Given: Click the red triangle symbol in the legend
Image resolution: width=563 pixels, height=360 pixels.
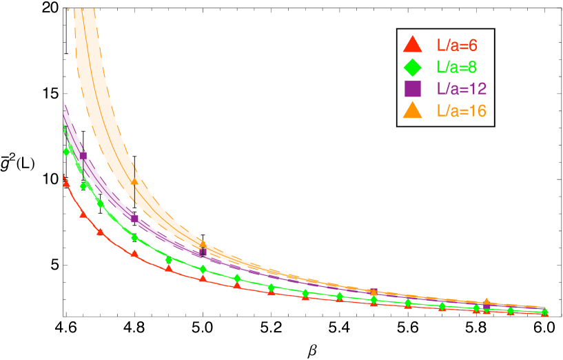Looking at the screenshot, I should tap(412, 45).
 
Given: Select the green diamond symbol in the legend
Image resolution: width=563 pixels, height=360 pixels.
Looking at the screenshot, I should tap(412, 67).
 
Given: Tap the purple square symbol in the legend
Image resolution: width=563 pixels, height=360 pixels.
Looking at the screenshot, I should tap(412, 89).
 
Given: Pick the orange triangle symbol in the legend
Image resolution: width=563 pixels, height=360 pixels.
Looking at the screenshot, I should tap(412, 110).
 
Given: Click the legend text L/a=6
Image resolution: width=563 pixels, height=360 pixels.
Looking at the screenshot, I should tap(458, 46).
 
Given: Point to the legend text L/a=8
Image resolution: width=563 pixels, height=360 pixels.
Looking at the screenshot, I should tap(458, 67).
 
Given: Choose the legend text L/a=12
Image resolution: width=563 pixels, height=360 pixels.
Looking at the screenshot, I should tap(462, 89).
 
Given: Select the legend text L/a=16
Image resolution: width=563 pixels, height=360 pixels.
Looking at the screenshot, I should tap(462, 111).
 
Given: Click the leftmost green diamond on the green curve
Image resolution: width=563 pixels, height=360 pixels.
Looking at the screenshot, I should tap(67, 152).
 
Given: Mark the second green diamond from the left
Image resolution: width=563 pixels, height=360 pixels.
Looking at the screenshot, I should tap(83, 186).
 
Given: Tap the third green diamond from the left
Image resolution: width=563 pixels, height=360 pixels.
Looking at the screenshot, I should tap(101, 204).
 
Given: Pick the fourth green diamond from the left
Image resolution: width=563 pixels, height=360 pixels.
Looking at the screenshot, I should tap(134, 238).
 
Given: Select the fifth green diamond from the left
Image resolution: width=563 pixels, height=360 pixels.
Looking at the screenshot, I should tap(169, 260).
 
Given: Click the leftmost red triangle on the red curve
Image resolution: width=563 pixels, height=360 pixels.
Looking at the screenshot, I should tap(66, 183).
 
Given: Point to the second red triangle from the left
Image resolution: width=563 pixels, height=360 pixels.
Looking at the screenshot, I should tap(83, 214).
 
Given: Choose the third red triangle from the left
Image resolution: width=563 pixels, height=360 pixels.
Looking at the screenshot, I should tap(101, 232).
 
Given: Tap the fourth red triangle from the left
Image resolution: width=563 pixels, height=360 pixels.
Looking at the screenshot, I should tap(134, 254).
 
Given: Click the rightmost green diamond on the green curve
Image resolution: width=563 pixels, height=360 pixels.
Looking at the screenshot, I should tap(544, 312).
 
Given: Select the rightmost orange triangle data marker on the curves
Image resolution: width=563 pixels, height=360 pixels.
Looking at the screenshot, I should tap(487, 302).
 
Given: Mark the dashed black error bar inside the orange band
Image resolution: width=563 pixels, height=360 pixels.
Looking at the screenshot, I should tap(134, 186).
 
